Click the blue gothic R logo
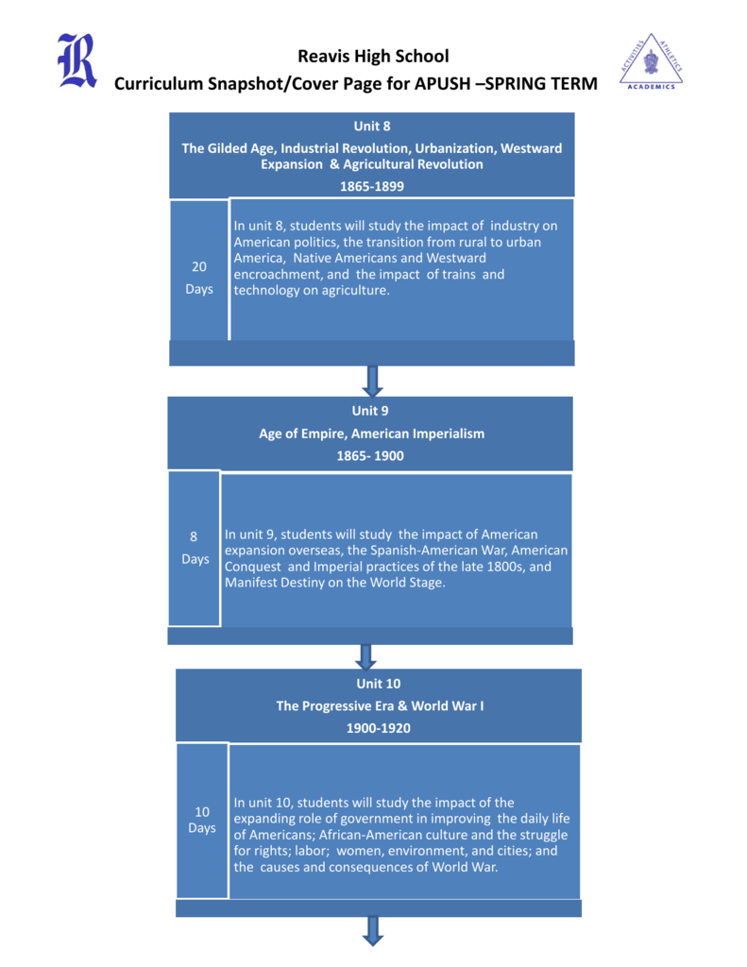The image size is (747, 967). click(x=77, y=60)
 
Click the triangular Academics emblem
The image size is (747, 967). click(x=652, y=61)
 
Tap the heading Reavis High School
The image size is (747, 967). click(x=373, y=56)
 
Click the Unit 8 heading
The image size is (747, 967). click(x=372, y=126)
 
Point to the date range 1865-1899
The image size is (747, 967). click(x=372, y=186)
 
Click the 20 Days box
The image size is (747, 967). click(x=199, y=270)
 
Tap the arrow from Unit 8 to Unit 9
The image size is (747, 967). click(x=372, y=382)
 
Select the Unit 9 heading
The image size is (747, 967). click(x=370, y=411)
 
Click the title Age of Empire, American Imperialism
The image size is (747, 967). click(x=371, y=433)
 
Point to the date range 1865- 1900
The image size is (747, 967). click(x=370, y=456)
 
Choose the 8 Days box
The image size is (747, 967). click(x=195, y=549)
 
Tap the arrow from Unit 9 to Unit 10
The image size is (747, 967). click(x=365, y=657)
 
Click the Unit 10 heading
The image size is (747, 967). click(x=378, y=684)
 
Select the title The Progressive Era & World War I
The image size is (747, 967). click(x=380, y=706)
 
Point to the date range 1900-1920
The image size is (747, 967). click(x=378, y=728)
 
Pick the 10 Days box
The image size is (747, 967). click(x=202, y=821)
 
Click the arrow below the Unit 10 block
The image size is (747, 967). click(x=373, y=930)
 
